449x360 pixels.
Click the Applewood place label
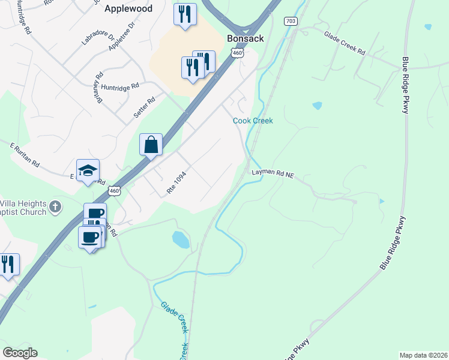(128, 9)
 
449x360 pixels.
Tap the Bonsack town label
(245, 38)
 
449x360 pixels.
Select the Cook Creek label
(253, 121)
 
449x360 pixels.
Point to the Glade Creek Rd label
(345, 43)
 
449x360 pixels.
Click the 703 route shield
(291, 21)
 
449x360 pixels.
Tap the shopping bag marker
(151, 145)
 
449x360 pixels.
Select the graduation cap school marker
(88, 170)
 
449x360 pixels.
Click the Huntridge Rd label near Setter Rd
(120, 86)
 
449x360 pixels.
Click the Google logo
(20, 353)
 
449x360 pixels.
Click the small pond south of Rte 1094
(181, 240)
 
